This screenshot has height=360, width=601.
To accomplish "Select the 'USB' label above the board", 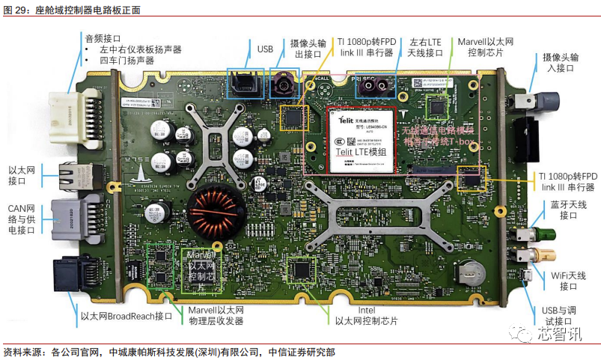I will pos(265,49).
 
